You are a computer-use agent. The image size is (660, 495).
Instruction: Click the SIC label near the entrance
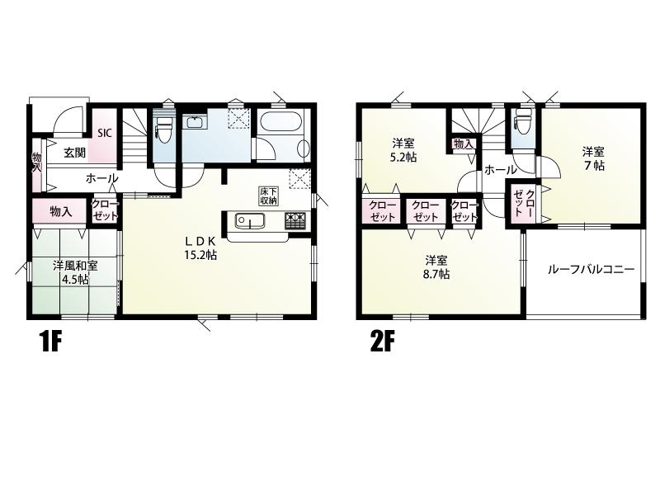click(x=105, y=133)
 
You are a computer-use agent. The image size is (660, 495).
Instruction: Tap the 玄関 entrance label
click(x=75, y=153)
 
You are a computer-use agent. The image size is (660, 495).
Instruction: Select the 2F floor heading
click(x=382, y=342)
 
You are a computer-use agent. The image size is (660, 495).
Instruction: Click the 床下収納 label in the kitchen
click(x=267, y=196)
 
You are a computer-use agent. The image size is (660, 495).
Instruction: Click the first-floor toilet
click(x=163, y=125)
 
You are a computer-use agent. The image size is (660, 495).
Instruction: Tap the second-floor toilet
click(x=524, y=120)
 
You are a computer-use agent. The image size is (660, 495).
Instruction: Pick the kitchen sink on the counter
click(x=249, y=220)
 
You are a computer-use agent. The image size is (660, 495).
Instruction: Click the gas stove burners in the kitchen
click(x=297, y=220)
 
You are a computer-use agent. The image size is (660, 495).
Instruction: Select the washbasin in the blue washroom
click(x=196, y=122)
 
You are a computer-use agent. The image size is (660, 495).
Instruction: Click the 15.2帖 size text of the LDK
click(x=200, y=254)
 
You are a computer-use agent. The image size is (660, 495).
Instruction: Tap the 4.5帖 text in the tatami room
click(x=75, y=279)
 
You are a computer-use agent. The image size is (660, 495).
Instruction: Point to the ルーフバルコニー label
click(x=591, y=269)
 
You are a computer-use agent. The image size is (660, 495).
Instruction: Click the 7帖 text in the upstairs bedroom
click(x=593, y=166)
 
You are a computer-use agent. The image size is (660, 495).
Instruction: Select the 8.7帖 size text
click(x=436, y=274)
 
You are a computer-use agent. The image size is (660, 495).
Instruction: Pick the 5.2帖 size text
click(x=403, y=158)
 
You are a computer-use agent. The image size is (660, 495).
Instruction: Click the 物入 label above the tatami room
click(x=61, y=211)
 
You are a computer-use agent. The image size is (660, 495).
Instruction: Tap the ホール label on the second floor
click(x=500, y=170)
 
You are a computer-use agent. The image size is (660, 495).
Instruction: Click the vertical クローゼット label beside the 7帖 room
click(x=524, y=203)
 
